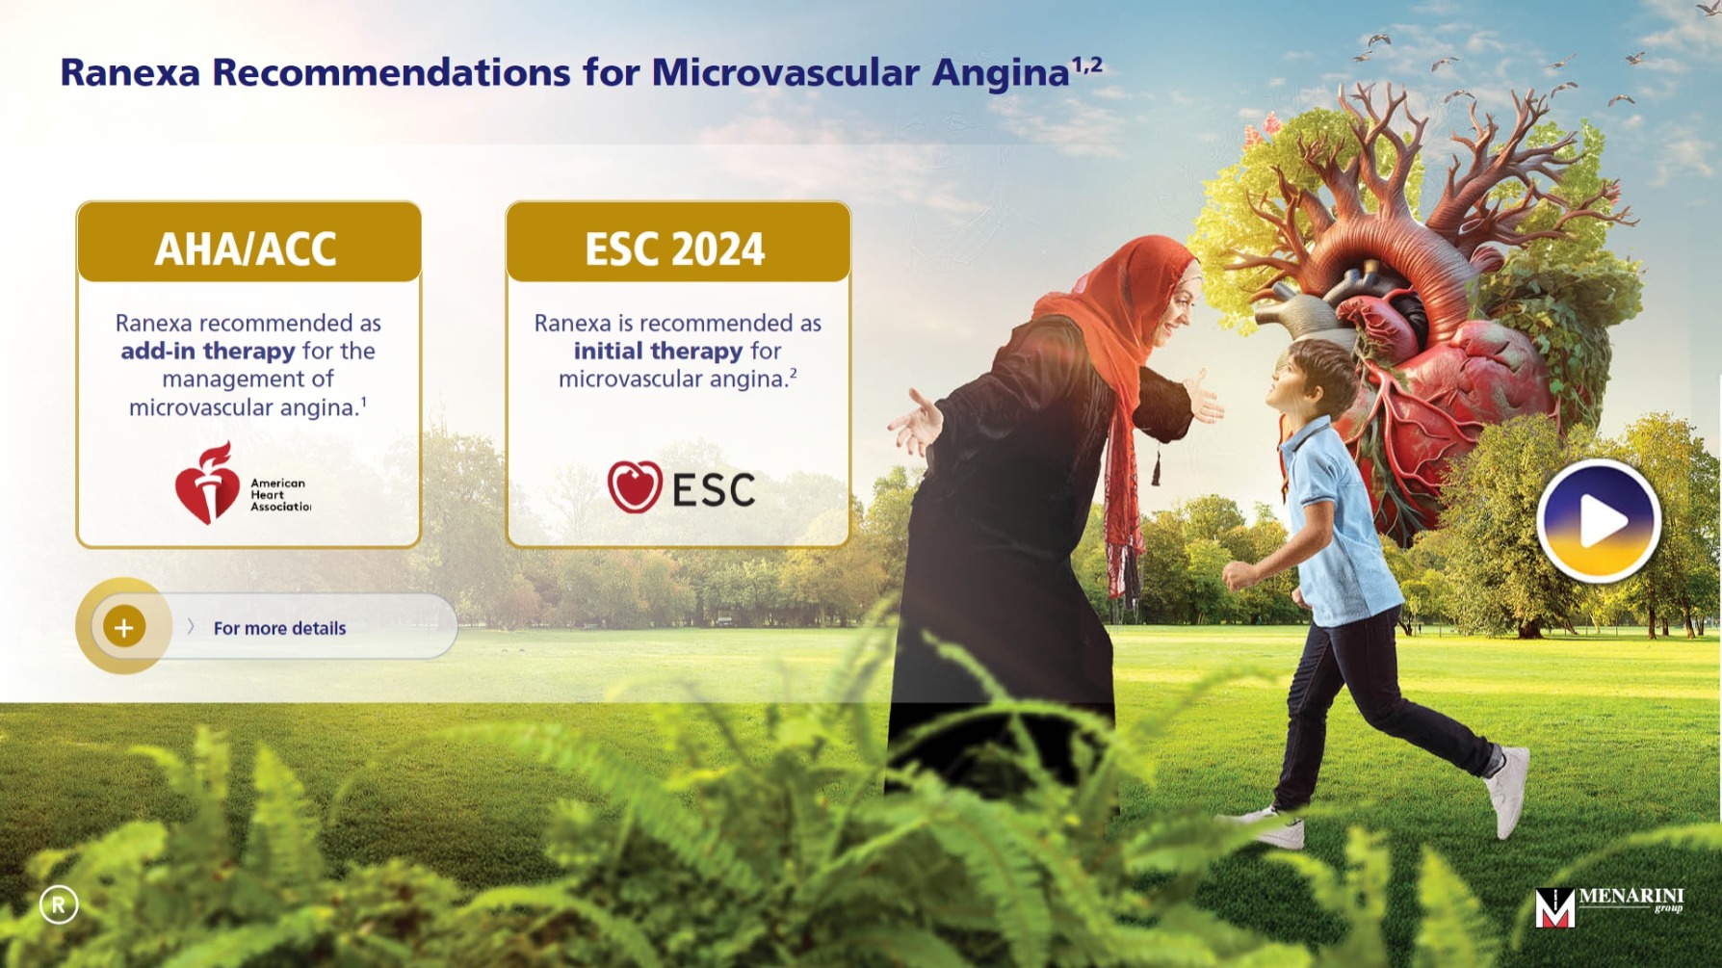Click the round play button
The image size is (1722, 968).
coord(1598,521)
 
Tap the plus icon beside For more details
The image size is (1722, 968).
coord(124,627)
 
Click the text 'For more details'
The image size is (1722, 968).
coord(279,628)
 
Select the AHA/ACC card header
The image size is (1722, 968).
coord(248,243)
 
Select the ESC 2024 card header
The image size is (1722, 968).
coord(678,243)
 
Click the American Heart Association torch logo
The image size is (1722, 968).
coord(207,484)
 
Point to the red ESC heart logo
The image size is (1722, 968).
coord(635,486)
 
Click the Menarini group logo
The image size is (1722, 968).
coord(1608,906)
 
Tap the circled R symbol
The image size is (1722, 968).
coord(59,904)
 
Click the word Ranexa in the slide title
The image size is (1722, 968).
coord(130,73)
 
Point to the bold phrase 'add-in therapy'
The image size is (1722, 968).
coord(208,351)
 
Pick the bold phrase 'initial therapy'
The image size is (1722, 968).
coord(659,351)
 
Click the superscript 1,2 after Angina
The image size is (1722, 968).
coord(1087,65)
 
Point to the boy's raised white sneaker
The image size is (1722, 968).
coord(1506,790)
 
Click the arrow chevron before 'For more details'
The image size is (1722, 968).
coord(191,627)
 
